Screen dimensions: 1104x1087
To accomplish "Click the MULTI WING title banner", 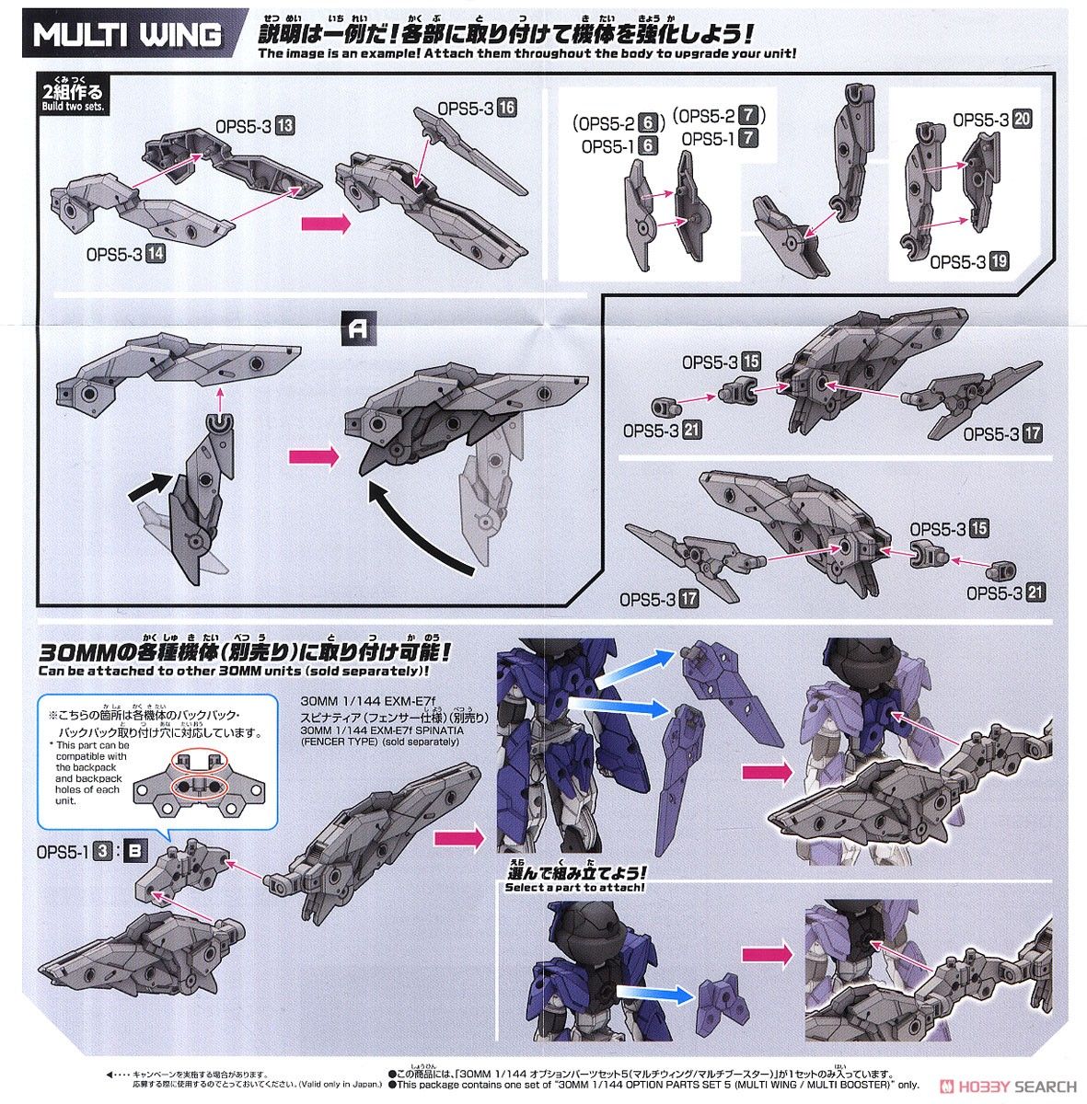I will tap(127, 35).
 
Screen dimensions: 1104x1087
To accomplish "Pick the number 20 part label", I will tap(1021, 120).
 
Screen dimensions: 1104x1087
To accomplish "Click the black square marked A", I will tap(357, 328).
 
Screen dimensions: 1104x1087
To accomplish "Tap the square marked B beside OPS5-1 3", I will tap(133, 852).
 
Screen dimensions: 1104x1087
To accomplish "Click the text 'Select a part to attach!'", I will tap(574, 888).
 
